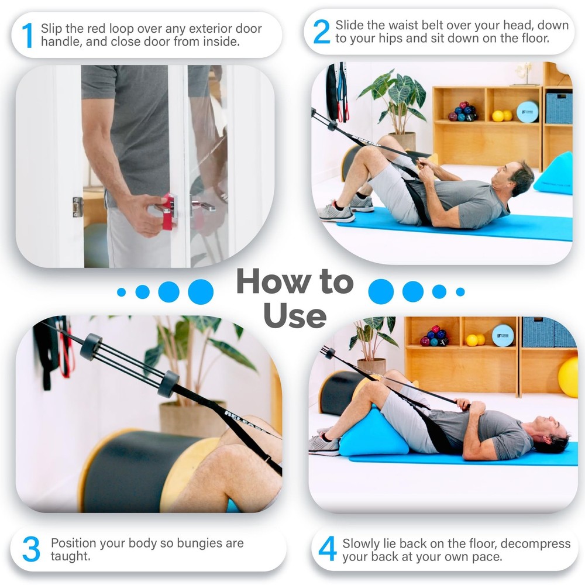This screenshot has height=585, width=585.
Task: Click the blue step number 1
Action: click(27, 35)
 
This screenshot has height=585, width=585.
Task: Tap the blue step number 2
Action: click(321, 32)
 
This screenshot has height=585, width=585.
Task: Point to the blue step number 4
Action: click(327, 549)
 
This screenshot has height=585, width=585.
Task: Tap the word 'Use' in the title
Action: click(294, 316)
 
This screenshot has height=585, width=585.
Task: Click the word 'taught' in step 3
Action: click(71, 556)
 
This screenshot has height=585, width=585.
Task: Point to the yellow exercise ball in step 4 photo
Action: click(569, 377)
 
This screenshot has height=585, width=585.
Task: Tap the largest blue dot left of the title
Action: click(201, 291)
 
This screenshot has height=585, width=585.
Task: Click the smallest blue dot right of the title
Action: click(460, 291)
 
